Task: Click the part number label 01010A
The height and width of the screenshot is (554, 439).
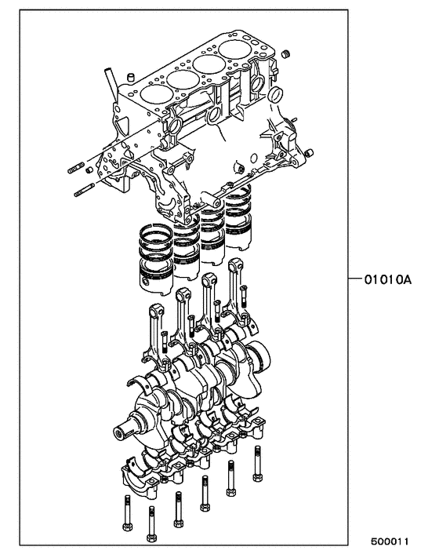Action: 387,279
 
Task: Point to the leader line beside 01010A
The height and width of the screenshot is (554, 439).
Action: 354,279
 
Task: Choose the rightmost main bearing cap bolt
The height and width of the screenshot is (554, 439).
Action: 256,463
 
